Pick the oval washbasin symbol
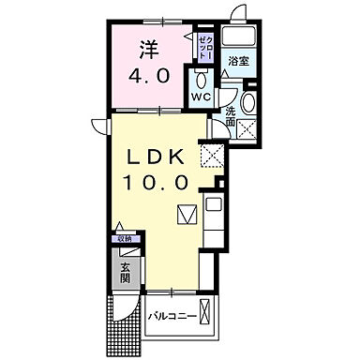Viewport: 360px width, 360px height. click(249, 104)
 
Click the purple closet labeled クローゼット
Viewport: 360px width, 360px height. click(205, 44)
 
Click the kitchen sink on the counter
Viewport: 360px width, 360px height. click(213, 203)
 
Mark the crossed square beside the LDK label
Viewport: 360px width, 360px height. click(214, 156)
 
